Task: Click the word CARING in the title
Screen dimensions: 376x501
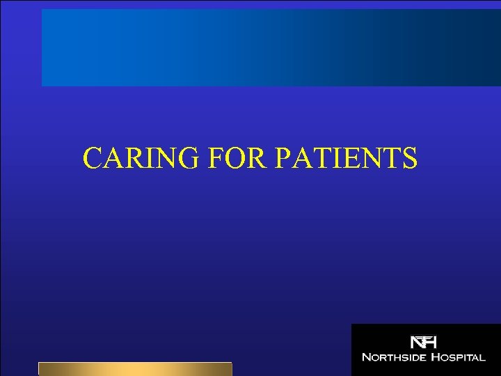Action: [x=139, y=158]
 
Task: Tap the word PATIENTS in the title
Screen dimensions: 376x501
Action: [x=347, y=158]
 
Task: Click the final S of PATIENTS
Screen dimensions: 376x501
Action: [x=409, y=158]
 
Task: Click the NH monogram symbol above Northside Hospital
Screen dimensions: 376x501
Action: [x=423, y=343]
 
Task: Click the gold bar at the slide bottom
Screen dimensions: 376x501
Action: [x=135, y=369]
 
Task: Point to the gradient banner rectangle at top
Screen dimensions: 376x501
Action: [x=271, y=47]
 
